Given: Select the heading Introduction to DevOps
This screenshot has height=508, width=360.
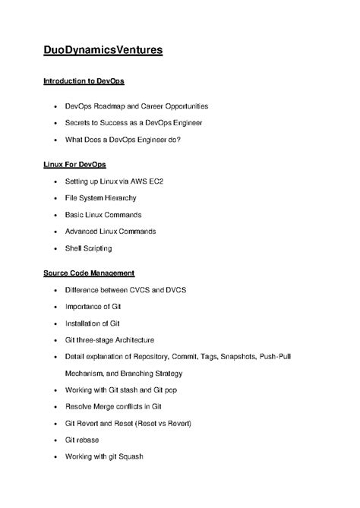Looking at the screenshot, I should [x=83, y=80].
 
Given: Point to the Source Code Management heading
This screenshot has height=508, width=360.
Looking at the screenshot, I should [x=88, y=273].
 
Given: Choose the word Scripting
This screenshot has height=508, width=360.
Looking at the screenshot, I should [x=96, y=248].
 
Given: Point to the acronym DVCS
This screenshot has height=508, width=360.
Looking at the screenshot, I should [x=174, y=290].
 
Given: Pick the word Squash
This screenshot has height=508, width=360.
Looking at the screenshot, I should [x=129, y=456].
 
